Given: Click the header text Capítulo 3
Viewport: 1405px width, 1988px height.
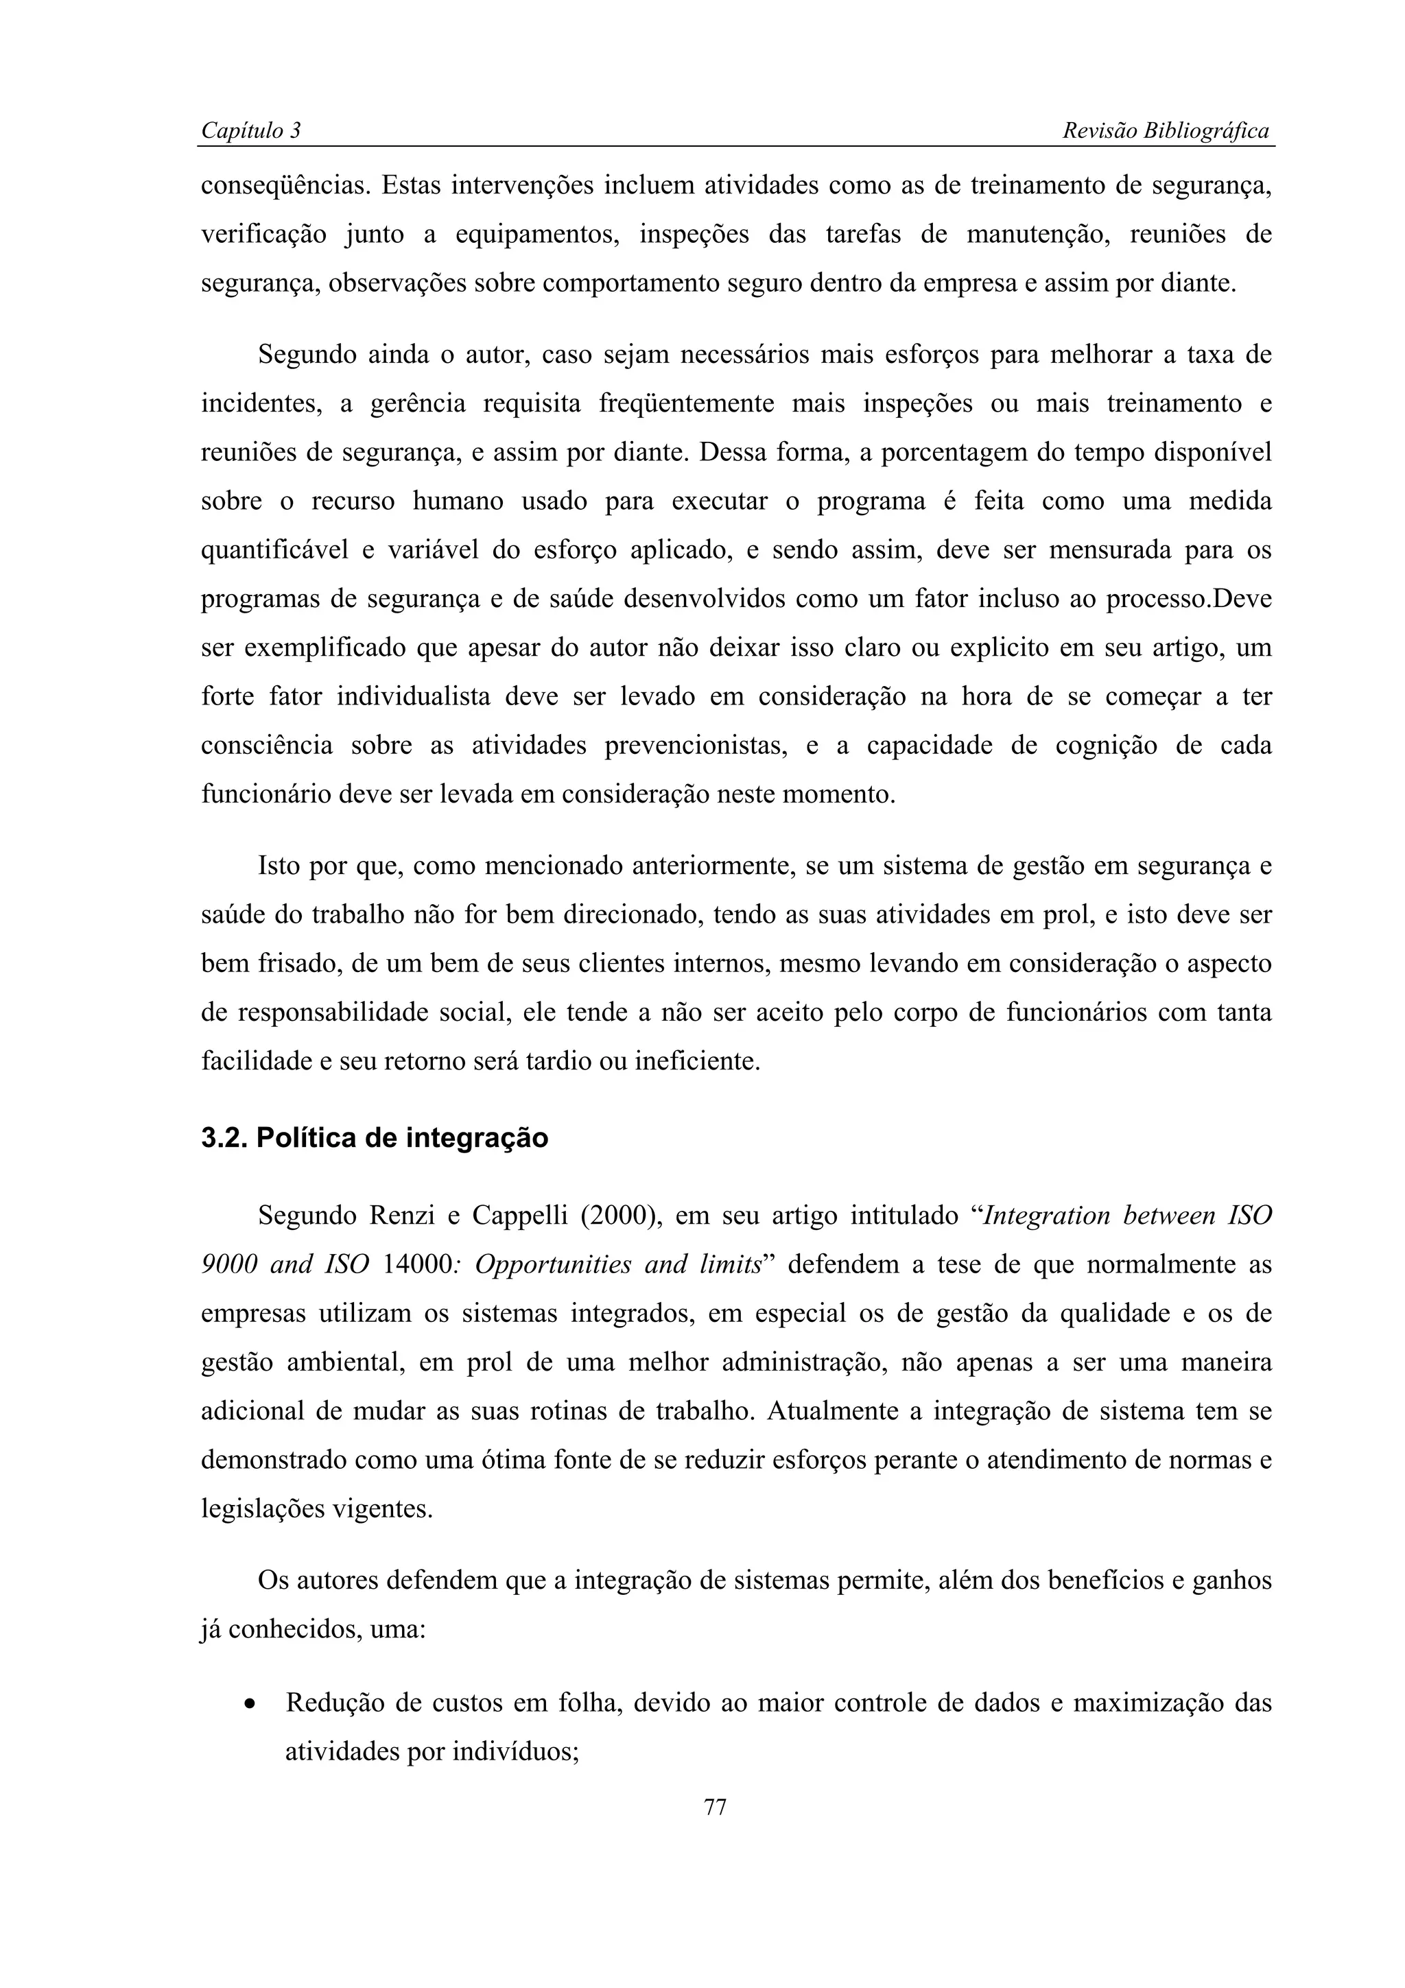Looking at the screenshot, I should click(250, 131).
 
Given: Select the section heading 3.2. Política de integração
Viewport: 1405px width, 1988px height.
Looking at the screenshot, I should click(374, 1138).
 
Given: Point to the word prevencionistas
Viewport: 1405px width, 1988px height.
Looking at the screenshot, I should click(695, 746).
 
